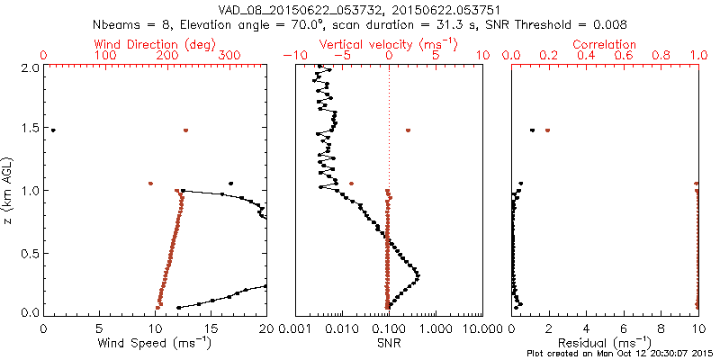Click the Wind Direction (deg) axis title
(154, 44)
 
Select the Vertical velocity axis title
(388, 44)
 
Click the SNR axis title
(389, 342)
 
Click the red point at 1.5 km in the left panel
(186, 130)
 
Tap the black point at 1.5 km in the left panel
(53, 130)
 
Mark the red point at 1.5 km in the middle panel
(408, 130)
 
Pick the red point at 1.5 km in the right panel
(548, 130)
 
